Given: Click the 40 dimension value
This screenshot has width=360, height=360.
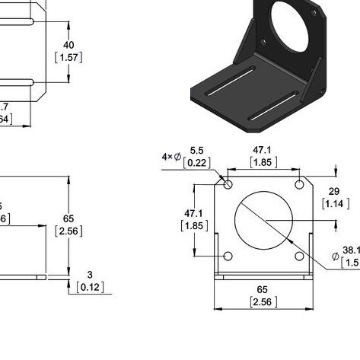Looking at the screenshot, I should [x=68, y=45].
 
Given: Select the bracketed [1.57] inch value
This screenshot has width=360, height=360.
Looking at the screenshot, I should [x=68, y=57].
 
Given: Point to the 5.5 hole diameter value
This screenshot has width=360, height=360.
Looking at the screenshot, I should [x=197, y=151].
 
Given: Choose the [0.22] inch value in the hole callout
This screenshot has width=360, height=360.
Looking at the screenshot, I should [x=197, y=162].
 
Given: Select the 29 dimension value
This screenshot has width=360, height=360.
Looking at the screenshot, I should [x=334, y=192].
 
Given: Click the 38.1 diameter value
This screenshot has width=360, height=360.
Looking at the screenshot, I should [x=350, y=250].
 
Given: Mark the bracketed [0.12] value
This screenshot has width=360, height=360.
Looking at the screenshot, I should [x=90, y=287].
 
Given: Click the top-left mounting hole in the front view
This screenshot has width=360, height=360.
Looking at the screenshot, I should [x=228, y=183].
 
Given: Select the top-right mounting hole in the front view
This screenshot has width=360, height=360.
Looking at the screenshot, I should [x=300, y=183].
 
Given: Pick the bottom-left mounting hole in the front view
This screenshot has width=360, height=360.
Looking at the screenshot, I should [x=228, y=255].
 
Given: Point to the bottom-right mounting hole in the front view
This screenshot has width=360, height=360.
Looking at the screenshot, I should [x=300, y=255].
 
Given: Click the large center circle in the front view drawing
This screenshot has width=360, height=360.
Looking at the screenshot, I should [x=264, y=219].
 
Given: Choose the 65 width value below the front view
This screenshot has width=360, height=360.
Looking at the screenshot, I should [x=263, y=290].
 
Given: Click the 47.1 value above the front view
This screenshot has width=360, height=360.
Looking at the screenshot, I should [x=263, y=151].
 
